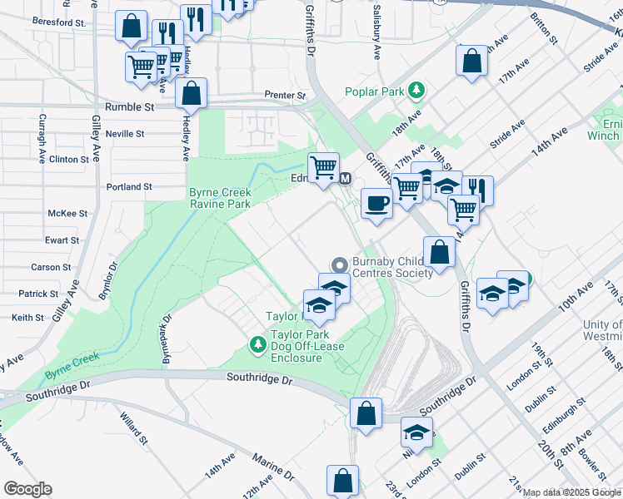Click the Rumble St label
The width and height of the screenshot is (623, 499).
click(130, 107)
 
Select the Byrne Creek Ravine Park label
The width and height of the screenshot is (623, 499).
click(220, 198)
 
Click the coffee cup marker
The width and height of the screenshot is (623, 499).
click(377, 203)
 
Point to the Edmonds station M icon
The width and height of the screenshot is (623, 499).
click(346, 178)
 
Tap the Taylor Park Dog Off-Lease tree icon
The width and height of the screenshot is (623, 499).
click(258, 343)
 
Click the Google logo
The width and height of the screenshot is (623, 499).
click(27, 489)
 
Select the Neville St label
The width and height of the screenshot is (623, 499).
click(126, 133)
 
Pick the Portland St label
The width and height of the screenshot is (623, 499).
click(129, 187)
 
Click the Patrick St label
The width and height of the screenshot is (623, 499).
click(39, 294)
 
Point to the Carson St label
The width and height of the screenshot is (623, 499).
click(45, 267)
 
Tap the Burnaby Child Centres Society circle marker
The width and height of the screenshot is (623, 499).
click(339, 264)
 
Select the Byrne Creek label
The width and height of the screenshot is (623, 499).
click(72, 358)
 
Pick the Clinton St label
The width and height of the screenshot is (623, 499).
click(69, 159)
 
